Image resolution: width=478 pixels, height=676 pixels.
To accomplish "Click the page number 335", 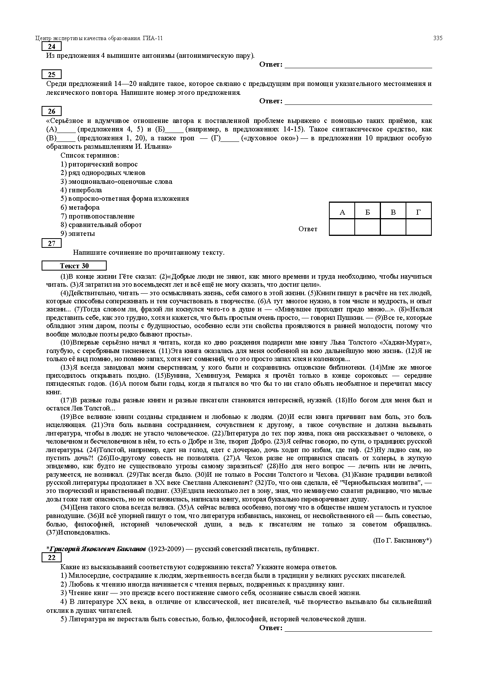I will [x=438, y=38].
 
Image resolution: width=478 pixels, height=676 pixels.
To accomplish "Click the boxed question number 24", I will [x=52, y=47].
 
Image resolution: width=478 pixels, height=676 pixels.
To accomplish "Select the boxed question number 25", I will [x=52, y=75].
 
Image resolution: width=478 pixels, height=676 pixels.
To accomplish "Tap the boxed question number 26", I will [x=52, y=111].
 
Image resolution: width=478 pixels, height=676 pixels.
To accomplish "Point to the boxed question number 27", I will [x=52, y=243].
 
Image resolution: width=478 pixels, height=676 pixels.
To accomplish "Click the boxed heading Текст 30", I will [x=74, y=266].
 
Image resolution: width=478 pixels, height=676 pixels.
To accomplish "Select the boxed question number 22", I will [x=52, y=558].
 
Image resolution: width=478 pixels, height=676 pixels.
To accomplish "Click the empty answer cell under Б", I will [x=367, y=227].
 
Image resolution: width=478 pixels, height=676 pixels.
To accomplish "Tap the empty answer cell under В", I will [x=393, y=227].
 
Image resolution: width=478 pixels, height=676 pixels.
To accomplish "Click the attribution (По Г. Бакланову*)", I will [x=403, y=540].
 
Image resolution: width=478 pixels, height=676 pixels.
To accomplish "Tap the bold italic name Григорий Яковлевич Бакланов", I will [x=98, y=549].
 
